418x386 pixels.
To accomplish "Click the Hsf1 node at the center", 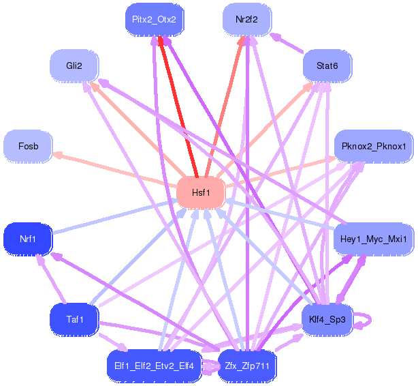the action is point(201,192).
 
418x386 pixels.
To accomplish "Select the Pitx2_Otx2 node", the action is point(155,20).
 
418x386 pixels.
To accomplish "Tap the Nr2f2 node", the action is point(247,20).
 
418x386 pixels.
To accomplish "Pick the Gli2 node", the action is point(74,65).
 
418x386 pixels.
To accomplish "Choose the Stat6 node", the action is point(327,65).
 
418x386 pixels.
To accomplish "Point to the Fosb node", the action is point(28,147).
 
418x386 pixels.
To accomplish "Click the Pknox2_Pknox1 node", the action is point(374,147).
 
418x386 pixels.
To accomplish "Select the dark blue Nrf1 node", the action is point(28,239).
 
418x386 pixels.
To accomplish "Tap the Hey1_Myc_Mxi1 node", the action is point(374,239).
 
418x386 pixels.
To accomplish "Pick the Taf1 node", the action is point(74,319).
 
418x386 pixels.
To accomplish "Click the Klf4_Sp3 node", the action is point(327,319).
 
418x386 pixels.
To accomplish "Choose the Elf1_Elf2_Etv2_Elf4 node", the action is point(154,366).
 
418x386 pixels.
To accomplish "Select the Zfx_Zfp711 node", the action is point(247,366).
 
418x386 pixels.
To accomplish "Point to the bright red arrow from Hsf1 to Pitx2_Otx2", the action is point(178,107).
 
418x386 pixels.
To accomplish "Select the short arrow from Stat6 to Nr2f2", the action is point(287,43).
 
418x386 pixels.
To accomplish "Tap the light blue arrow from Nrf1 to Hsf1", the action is point(114,216).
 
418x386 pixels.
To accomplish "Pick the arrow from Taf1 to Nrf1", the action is point(52,279).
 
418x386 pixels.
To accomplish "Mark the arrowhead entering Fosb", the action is point(57,154).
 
